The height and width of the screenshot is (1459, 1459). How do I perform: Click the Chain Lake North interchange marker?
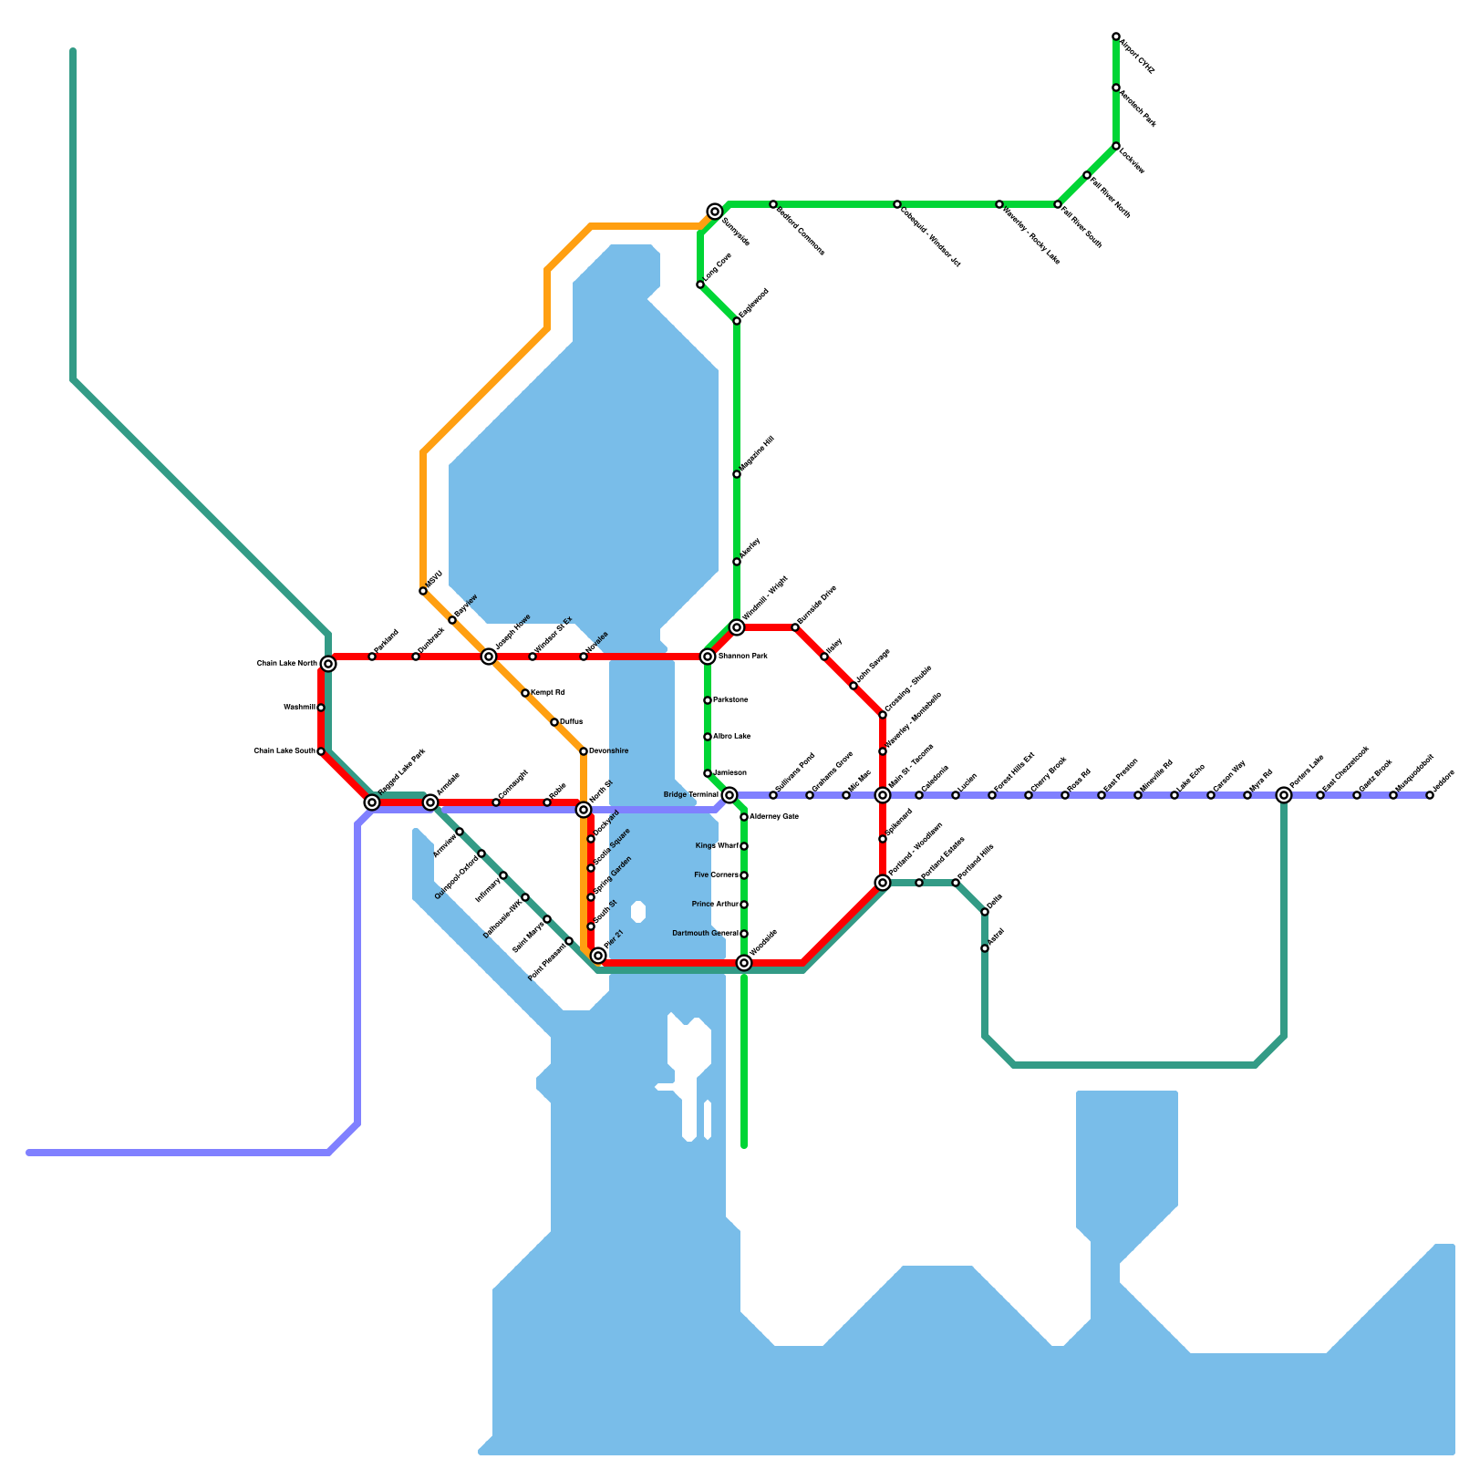pyautogui.click(x=328, y=664)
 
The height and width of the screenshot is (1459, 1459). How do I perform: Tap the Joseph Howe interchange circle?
pyautogui.click(x=489, y=657)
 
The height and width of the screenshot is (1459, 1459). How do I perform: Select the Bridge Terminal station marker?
pyautogui.click(x=729, y=795)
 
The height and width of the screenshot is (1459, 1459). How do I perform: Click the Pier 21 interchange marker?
pyautogui.click(x=598, y=956)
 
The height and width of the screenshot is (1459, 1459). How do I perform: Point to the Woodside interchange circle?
pyautogui.click(x=744, y=963)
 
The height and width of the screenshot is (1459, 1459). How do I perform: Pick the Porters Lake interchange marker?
pyautogui.click(x=1284, y=795)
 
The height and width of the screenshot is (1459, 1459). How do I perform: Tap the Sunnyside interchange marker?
pyautogui.click(x=715, y=212)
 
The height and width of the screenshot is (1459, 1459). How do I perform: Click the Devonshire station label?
pyautogui.click(x=608, y=751)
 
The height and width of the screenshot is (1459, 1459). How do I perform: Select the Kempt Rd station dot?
pyautogui.click(x=525, y=693)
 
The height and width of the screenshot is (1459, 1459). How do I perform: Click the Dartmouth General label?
pyautogui.click(x=705, y=934)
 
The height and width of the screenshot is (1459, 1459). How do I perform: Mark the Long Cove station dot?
pyautogui.click(x=700, y=285)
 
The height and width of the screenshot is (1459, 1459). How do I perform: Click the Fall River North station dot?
pyautogui.click(x=1087, y=175)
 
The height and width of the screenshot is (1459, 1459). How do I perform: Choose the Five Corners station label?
pyautogui.click(x=717, y=875)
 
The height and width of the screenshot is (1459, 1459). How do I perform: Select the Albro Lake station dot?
pyautogui.click(x=708, y=737)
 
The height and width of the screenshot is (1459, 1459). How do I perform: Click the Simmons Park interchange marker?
pyautogui.click(x=708, y=657)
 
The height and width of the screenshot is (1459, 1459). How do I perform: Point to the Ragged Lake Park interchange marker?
pyautogui.click(x=372, y=802)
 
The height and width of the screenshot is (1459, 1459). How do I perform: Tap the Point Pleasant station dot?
pyautogui.click(x=569, y=941)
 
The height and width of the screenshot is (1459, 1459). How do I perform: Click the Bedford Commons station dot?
pyautogui.click(x=773, y=204)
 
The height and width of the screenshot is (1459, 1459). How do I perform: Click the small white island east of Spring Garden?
pyautogui.click(x=638, y=912)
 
